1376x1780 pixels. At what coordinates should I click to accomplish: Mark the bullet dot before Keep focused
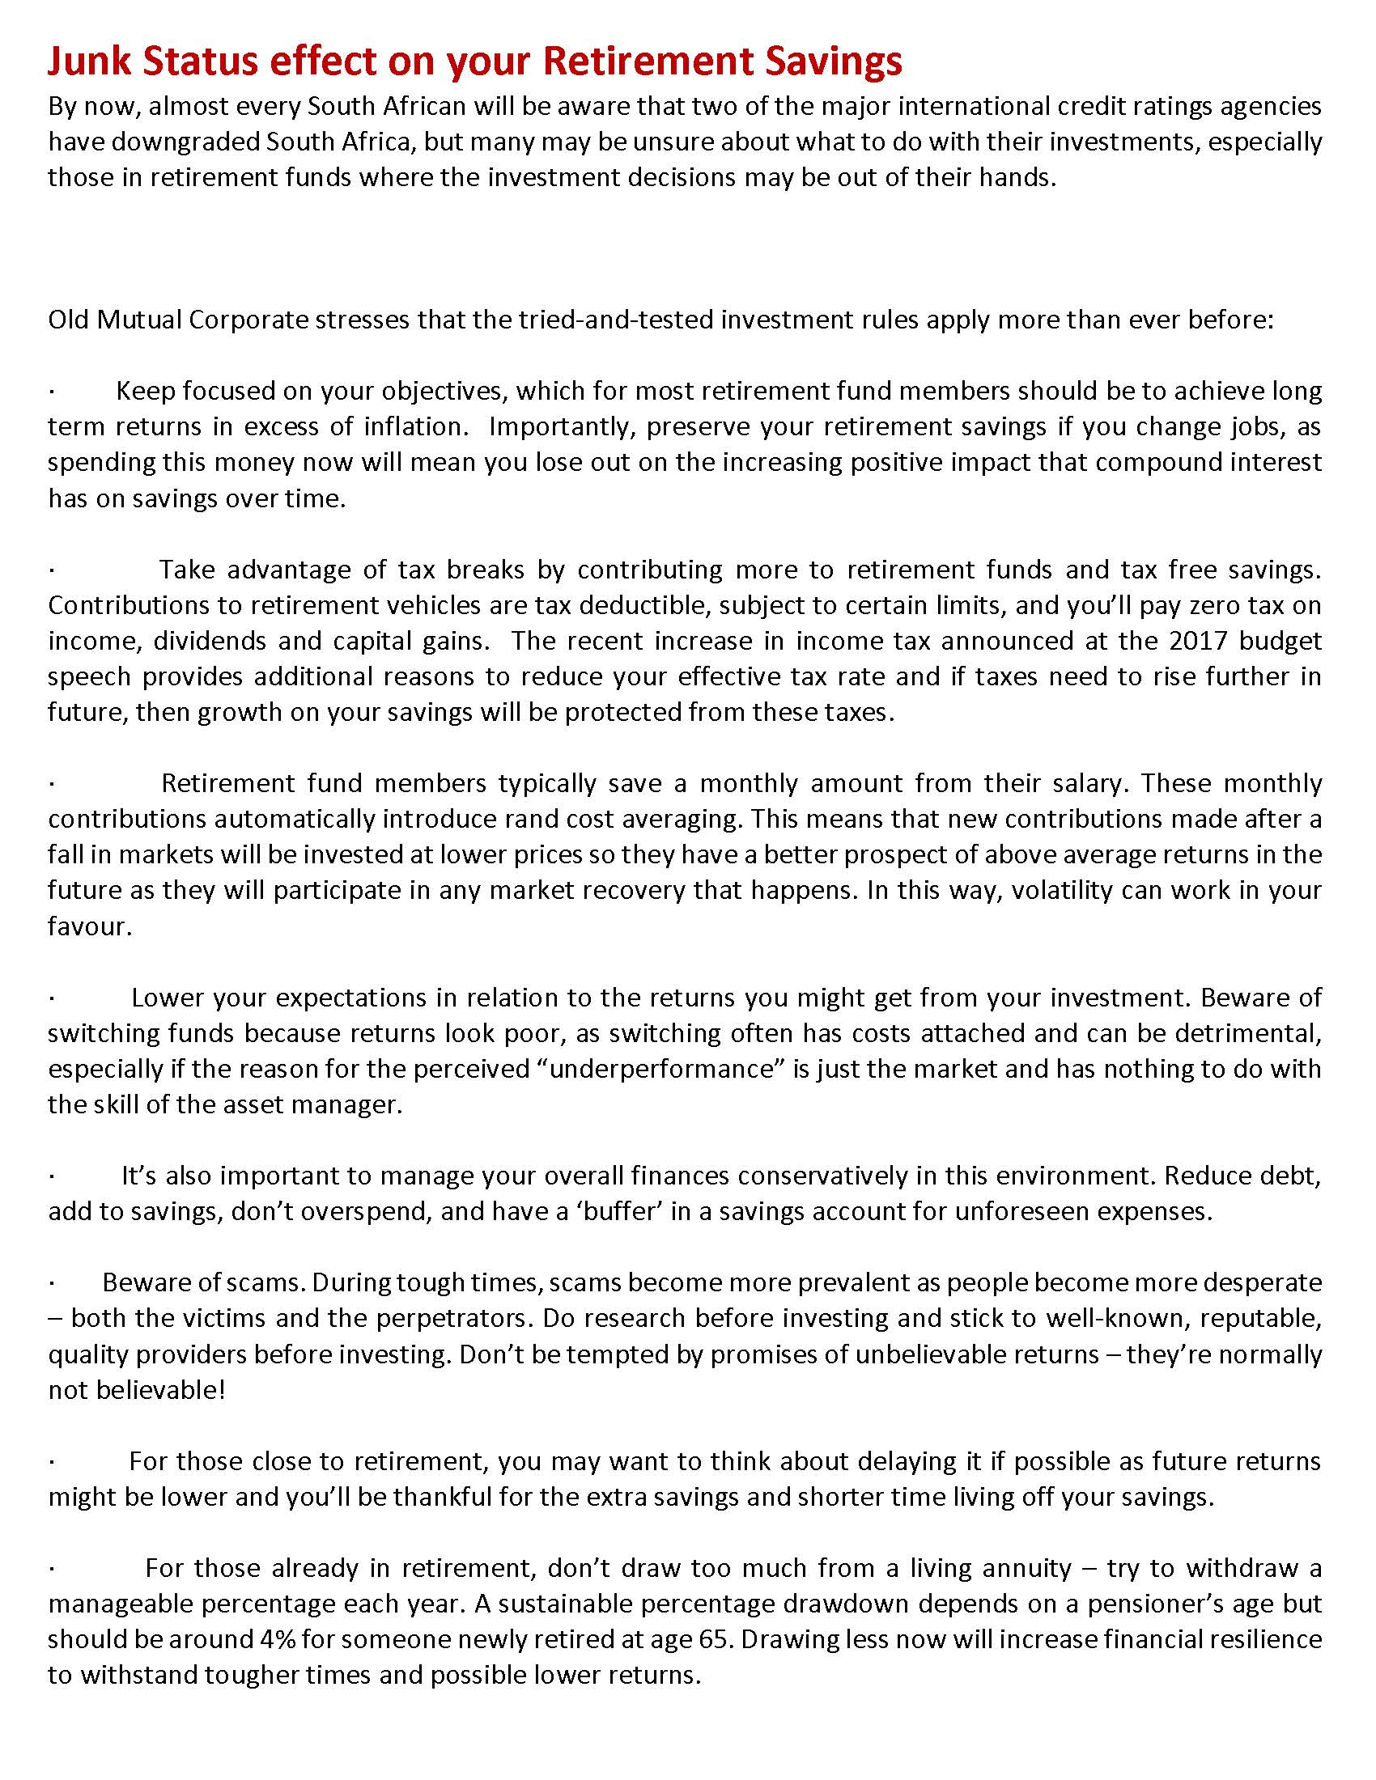[x=51, y=392]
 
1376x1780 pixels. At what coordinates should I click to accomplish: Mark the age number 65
[x=712, y=1639]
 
